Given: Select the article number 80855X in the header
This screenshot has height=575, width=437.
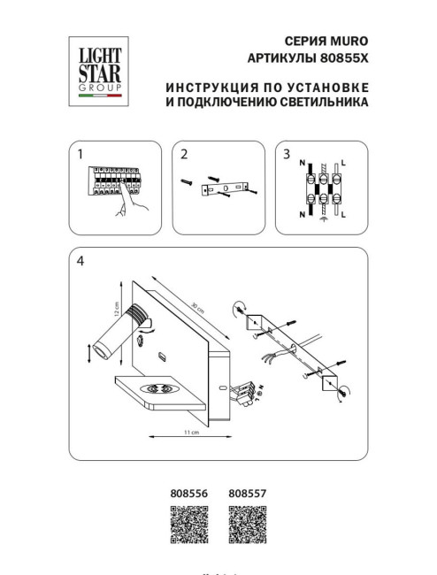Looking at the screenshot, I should pos(341,57).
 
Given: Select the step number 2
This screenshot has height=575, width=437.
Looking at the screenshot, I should pos(183,154).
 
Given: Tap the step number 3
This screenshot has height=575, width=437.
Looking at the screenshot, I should pos(286,154).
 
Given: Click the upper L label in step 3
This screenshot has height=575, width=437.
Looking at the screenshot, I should pos(342,163).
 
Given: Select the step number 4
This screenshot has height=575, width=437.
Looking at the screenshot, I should pos(80,261).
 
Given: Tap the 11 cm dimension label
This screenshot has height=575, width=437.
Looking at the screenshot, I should pos(188,433).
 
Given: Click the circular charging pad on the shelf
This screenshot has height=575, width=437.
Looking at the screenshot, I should pos(159,387).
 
